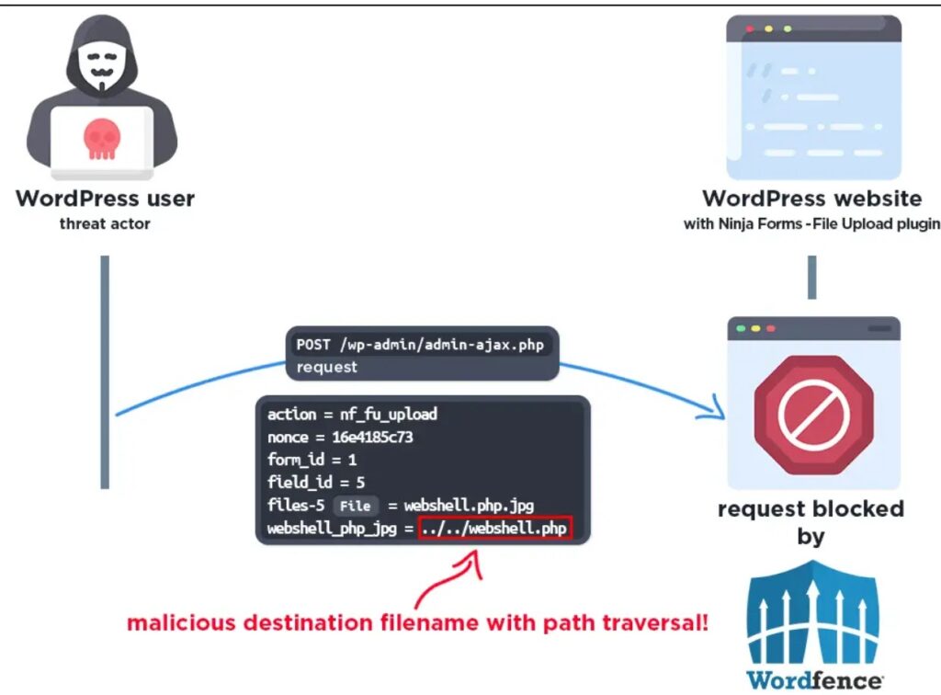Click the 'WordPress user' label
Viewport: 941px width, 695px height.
tap(105, 198)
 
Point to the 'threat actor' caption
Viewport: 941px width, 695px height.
tap(105, 223)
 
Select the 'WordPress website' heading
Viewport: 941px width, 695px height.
tap(811, 198)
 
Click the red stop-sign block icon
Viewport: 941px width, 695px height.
tap(812, 412)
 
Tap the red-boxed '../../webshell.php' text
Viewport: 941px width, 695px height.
tap(494, 529)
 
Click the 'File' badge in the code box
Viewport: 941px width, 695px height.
tap(355, 506)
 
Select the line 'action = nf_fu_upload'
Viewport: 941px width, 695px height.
tap(352, 415)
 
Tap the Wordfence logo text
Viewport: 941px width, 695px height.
tap(814, 680)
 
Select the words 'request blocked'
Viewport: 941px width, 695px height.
tap(811, 508)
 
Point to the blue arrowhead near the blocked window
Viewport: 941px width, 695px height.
tap(710, 410)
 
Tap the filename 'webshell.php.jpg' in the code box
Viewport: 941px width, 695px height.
tap(469, 506)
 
